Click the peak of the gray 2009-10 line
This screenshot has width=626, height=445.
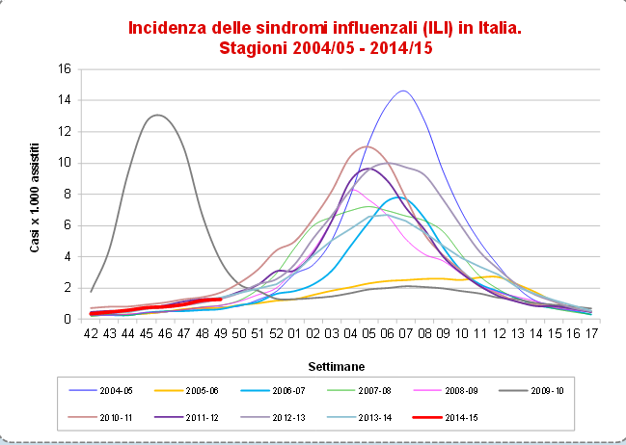(156, 116)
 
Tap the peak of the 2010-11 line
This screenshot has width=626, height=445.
(365, 146)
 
